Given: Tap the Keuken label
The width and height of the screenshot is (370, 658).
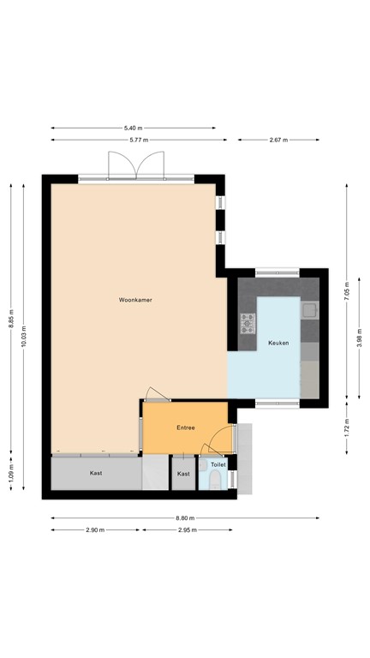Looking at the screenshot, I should pos(278,343).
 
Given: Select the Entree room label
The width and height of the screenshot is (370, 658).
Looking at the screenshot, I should pos(185,428).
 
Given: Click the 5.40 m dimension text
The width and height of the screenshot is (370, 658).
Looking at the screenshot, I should pos(135,128).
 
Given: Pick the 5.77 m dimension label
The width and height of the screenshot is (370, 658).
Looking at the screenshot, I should pos(135,140).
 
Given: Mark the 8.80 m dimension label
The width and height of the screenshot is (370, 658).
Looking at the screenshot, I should pos(185,518).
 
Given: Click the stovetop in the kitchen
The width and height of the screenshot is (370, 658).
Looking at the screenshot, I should pos(248,323).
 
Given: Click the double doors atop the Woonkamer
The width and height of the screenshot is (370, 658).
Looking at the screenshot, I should pos(135,165).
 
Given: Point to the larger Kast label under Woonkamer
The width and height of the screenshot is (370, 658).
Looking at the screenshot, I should pos(97,473).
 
